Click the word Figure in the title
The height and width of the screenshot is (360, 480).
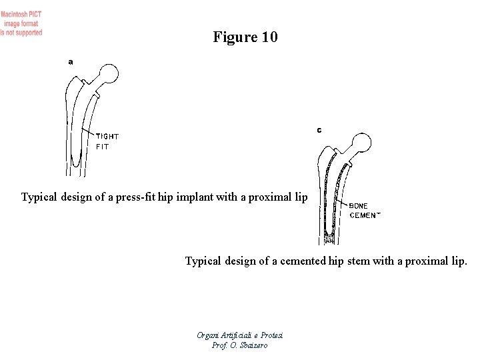(234, 37)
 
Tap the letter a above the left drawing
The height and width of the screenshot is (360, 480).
(71, 61)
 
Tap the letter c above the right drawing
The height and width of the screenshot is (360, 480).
(319, 130)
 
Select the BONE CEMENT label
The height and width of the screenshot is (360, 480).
(365, 211)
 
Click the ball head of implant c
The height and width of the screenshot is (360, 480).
(363, 143)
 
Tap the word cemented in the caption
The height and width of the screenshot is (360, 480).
(299, 261)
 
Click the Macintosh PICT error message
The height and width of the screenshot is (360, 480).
(21, 23)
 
